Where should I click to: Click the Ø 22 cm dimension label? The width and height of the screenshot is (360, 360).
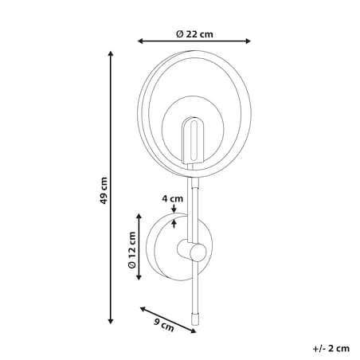click(194, 34)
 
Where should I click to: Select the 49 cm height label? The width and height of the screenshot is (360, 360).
click(104, 190)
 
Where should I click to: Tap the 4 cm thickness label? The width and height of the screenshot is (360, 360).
click(173, 198)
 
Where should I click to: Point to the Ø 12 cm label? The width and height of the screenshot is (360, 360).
click(132, 250)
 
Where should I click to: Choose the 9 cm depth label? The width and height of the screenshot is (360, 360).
click(164, 325)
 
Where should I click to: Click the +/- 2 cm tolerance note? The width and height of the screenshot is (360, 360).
click(331, 348)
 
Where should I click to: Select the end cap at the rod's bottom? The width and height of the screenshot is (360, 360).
click(195, 319)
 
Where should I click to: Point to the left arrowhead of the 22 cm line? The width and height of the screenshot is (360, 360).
click(140, 41)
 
